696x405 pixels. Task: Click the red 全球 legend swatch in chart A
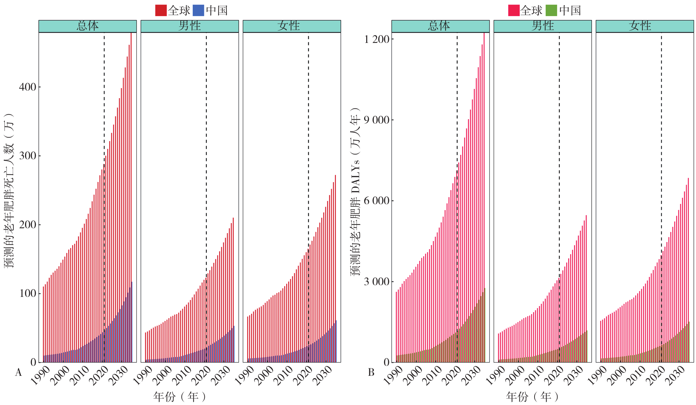pos(161,10)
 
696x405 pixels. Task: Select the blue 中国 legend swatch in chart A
pos(199,10)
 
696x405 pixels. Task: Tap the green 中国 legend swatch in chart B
pos(551,10)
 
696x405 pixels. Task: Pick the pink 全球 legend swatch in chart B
pos(514,10)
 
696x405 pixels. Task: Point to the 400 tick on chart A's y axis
pos(27,87)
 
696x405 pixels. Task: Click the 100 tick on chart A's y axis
pos(27,293)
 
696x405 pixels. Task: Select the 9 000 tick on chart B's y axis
pos(377,120)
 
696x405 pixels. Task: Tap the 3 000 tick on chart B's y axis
pos(377,282)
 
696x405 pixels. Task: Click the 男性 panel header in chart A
pos(190,26)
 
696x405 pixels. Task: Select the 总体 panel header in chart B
pos(440,26)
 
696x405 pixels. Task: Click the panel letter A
pos(18,373)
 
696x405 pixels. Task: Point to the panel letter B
pos(371,373)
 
